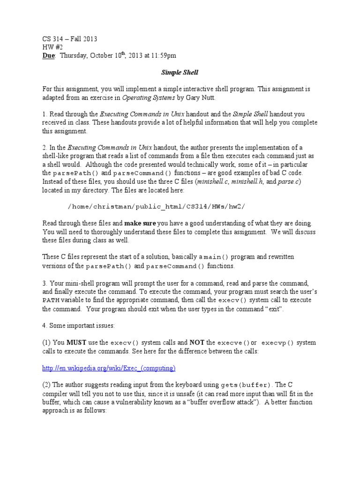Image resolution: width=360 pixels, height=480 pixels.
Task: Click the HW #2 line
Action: click(x=52, y=47)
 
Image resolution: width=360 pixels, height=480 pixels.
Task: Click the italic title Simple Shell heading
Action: click(x=180, y=73)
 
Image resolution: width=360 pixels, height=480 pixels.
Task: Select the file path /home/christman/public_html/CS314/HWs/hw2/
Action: click(x=157, y=207)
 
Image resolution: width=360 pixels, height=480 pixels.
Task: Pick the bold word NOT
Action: click(x=197, y=343)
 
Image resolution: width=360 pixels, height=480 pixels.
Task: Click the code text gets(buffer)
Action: click(x=249, y=385)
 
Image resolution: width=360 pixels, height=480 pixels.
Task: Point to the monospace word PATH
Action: click(x=51, y=300)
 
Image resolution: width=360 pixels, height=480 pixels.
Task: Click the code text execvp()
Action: click(x=277, y=343)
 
